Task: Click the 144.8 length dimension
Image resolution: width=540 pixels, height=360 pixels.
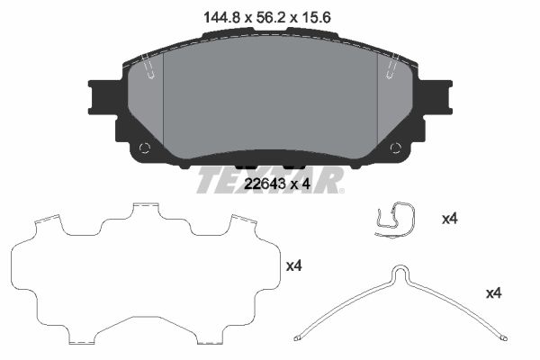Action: [221, 17]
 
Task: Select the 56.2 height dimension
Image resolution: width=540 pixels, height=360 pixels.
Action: [271, 17]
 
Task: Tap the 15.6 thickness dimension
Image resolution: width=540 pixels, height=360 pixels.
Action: [316, 17]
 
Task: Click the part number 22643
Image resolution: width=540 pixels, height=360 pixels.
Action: [265, 184]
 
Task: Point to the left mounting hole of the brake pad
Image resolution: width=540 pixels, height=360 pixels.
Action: [145, 148]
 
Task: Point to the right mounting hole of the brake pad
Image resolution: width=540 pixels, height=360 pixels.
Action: [396, 148]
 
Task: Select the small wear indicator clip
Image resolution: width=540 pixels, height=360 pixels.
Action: [395, 220]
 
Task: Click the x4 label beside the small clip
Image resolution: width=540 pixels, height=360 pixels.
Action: [450, 219]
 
